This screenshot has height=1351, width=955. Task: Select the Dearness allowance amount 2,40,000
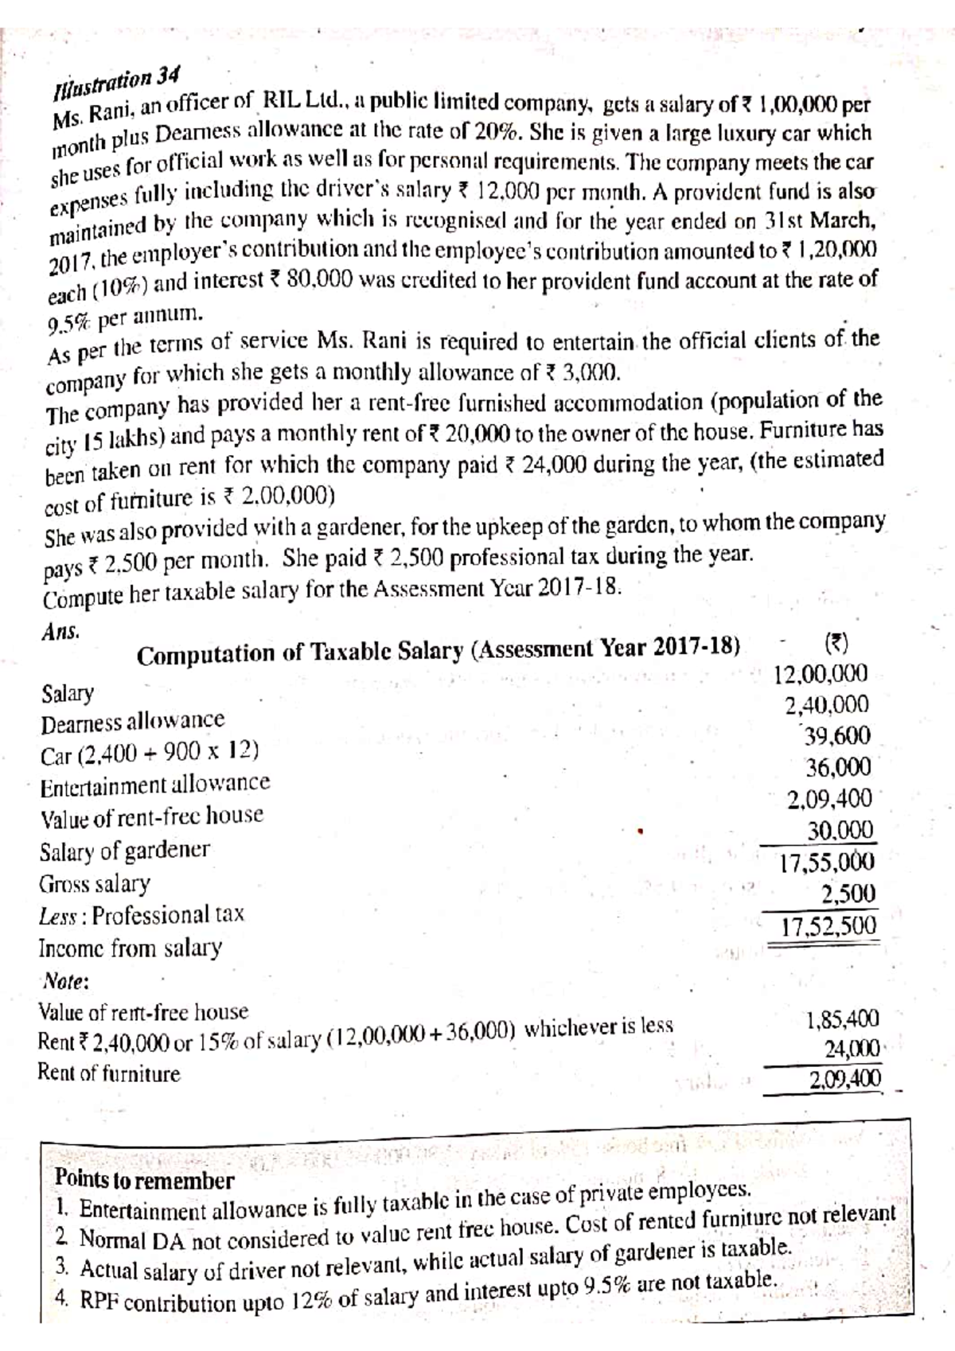[827, 706]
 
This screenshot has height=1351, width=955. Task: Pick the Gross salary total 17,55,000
[827, 862]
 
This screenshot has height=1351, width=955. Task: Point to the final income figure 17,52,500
[828, 926]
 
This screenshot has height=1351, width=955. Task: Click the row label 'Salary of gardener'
[125, 851]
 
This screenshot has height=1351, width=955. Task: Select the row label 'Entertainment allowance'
[155, 785]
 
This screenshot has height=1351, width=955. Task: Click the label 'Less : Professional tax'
[142, 915]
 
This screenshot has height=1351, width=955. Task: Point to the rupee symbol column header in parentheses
[836, 643]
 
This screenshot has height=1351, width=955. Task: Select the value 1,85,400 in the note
[843, 1019]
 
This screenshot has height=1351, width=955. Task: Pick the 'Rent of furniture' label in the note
[109, 1073]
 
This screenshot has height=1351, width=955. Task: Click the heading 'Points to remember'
[144, 1179]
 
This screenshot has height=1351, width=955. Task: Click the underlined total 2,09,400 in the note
[844, 1080]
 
